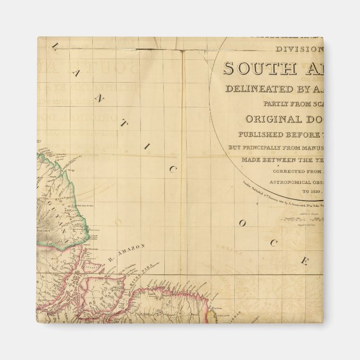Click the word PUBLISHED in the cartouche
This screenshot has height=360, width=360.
(258, 135)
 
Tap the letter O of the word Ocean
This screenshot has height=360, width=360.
(242, 224)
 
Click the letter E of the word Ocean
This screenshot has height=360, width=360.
(305, 260)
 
